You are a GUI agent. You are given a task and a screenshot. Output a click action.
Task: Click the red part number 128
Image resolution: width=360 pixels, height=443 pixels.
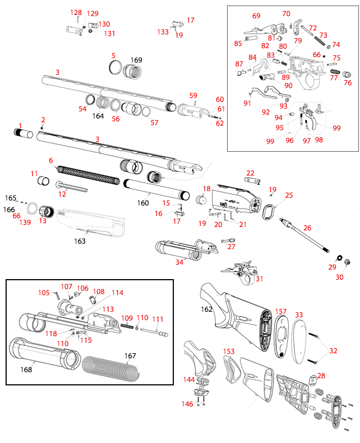(x=75, y=13)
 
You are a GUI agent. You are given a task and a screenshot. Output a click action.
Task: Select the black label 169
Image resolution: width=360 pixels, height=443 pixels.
(x=136, y=60)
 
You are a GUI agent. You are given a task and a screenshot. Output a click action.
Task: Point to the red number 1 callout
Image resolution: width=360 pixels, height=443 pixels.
(x=20, y=126)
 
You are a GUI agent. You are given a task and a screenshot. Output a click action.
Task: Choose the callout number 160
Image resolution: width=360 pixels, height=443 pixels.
(x=143, y=203)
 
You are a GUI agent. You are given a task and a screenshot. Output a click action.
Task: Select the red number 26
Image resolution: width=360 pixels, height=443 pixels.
(x=307, y=228)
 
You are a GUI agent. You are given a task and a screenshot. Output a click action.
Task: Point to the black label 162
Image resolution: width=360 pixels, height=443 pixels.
(x=206, y=309)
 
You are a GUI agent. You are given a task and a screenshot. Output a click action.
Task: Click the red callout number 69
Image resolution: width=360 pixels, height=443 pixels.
(x=256, y=16)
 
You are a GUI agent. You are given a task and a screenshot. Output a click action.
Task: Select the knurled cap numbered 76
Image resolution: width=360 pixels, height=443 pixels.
(x=348, y=75)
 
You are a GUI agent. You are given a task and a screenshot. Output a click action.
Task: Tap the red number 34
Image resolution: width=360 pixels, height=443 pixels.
(x=179, y=262)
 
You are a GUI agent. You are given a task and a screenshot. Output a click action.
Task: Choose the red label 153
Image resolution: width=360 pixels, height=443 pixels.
(x=229, y=352)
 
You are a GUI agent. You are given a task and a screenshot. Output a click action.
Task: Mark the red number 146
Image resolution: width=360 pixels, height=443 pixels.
(x=188, y=404)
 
